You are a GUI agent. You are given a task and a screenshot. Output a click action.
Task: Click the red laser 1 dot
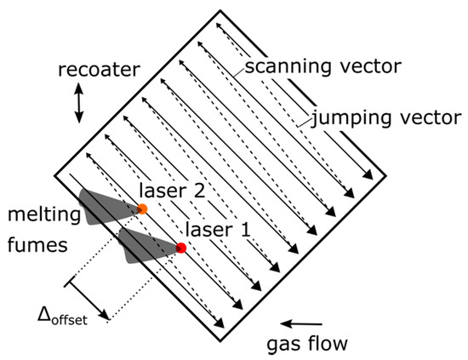click(181, 248)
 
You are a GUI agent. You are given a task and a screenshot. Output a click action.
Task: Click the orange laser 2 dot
click(142, 209)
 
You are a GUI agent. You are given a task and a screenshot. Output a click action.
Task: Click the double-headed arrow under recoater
click(79, 102)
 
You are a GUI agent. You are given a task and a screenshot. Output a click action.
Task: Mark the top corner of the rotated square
click(218, 11)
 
